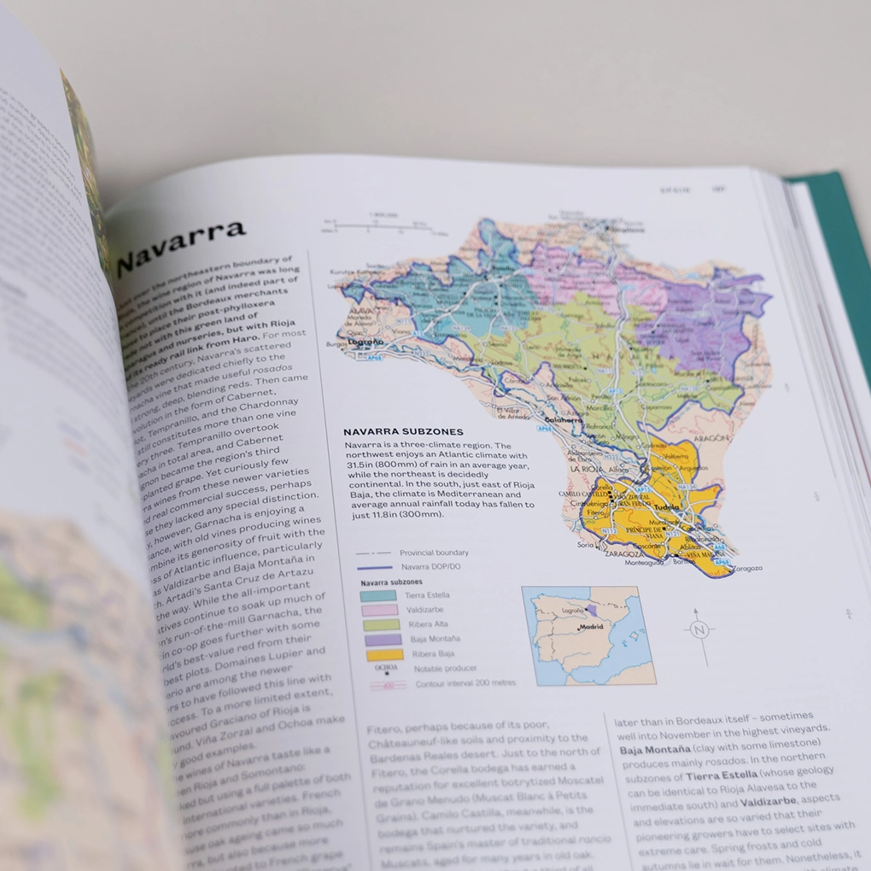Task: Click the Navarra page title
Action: tap(180, 243)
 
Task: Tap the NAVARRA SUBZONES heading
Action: tap(402, 432)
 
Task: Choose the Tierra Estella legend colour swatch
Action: tap(377, 595)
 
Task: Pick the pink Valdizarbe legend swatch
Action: tap(378, 610)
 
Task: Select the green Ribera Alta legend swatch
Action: tap(379, 624)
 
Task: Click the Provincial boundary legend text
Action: tap(434, 552)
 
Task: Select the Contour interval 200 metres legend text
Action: tap(465, 684)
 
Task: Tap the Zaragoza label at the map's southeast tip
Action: tap(745, 568)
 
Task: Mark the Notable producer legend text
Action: tap(445, 669)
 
